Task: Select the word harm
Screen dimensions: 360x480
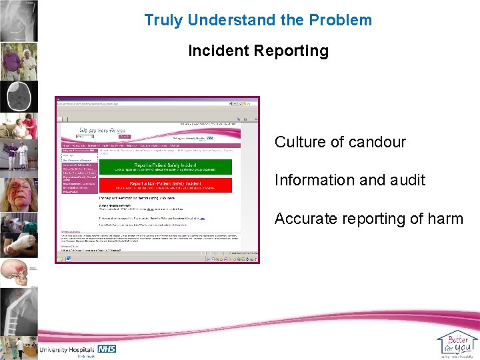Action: [x=446, y=219]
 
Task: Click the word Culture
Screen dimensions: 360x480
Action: [x=298, y=142]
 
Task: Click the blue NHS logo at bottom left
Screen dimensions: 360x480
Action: [x=107, y=349]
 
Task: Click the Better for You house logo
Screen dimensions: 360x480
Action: [x=457, y=343]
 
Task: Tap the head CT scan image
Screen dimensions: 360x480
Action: [x=18, y=97]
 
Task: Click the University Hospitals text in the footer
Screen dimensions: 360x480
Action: [x=68, y=349]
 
